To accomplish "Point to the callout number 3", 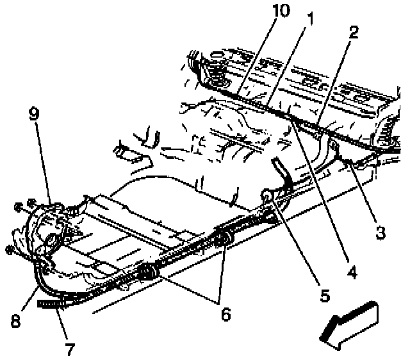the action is point(381,233).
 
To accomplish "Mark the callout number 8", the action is point(15,318).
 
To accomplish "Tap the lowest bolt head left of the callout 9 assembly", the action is point(9,249).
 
